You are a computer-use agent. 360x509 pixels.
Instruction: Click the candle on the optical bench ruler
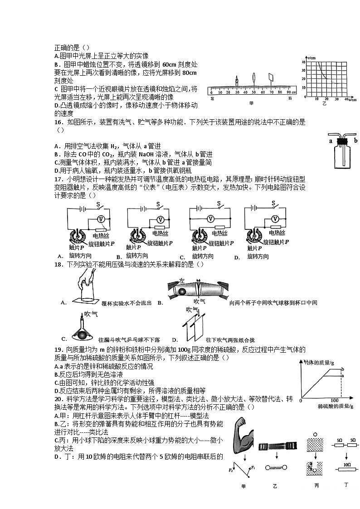point(237,83)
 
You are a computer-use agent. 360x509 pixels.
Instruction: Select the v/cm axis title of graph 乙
point(311,58)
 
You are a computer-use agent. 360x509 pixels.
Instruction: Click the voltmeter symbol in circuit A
point(103,219)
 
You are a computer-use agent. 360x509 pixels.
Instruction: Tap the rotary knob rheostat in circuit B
point(139,236)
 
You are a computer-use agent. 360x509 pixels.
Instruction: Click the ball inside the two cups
point(182,291)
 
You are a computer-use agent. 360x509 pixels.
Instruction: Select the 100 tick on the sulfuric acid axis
point(334,401)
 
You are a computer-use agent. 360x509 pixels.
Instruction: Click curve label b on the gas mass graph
point(342,369)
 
